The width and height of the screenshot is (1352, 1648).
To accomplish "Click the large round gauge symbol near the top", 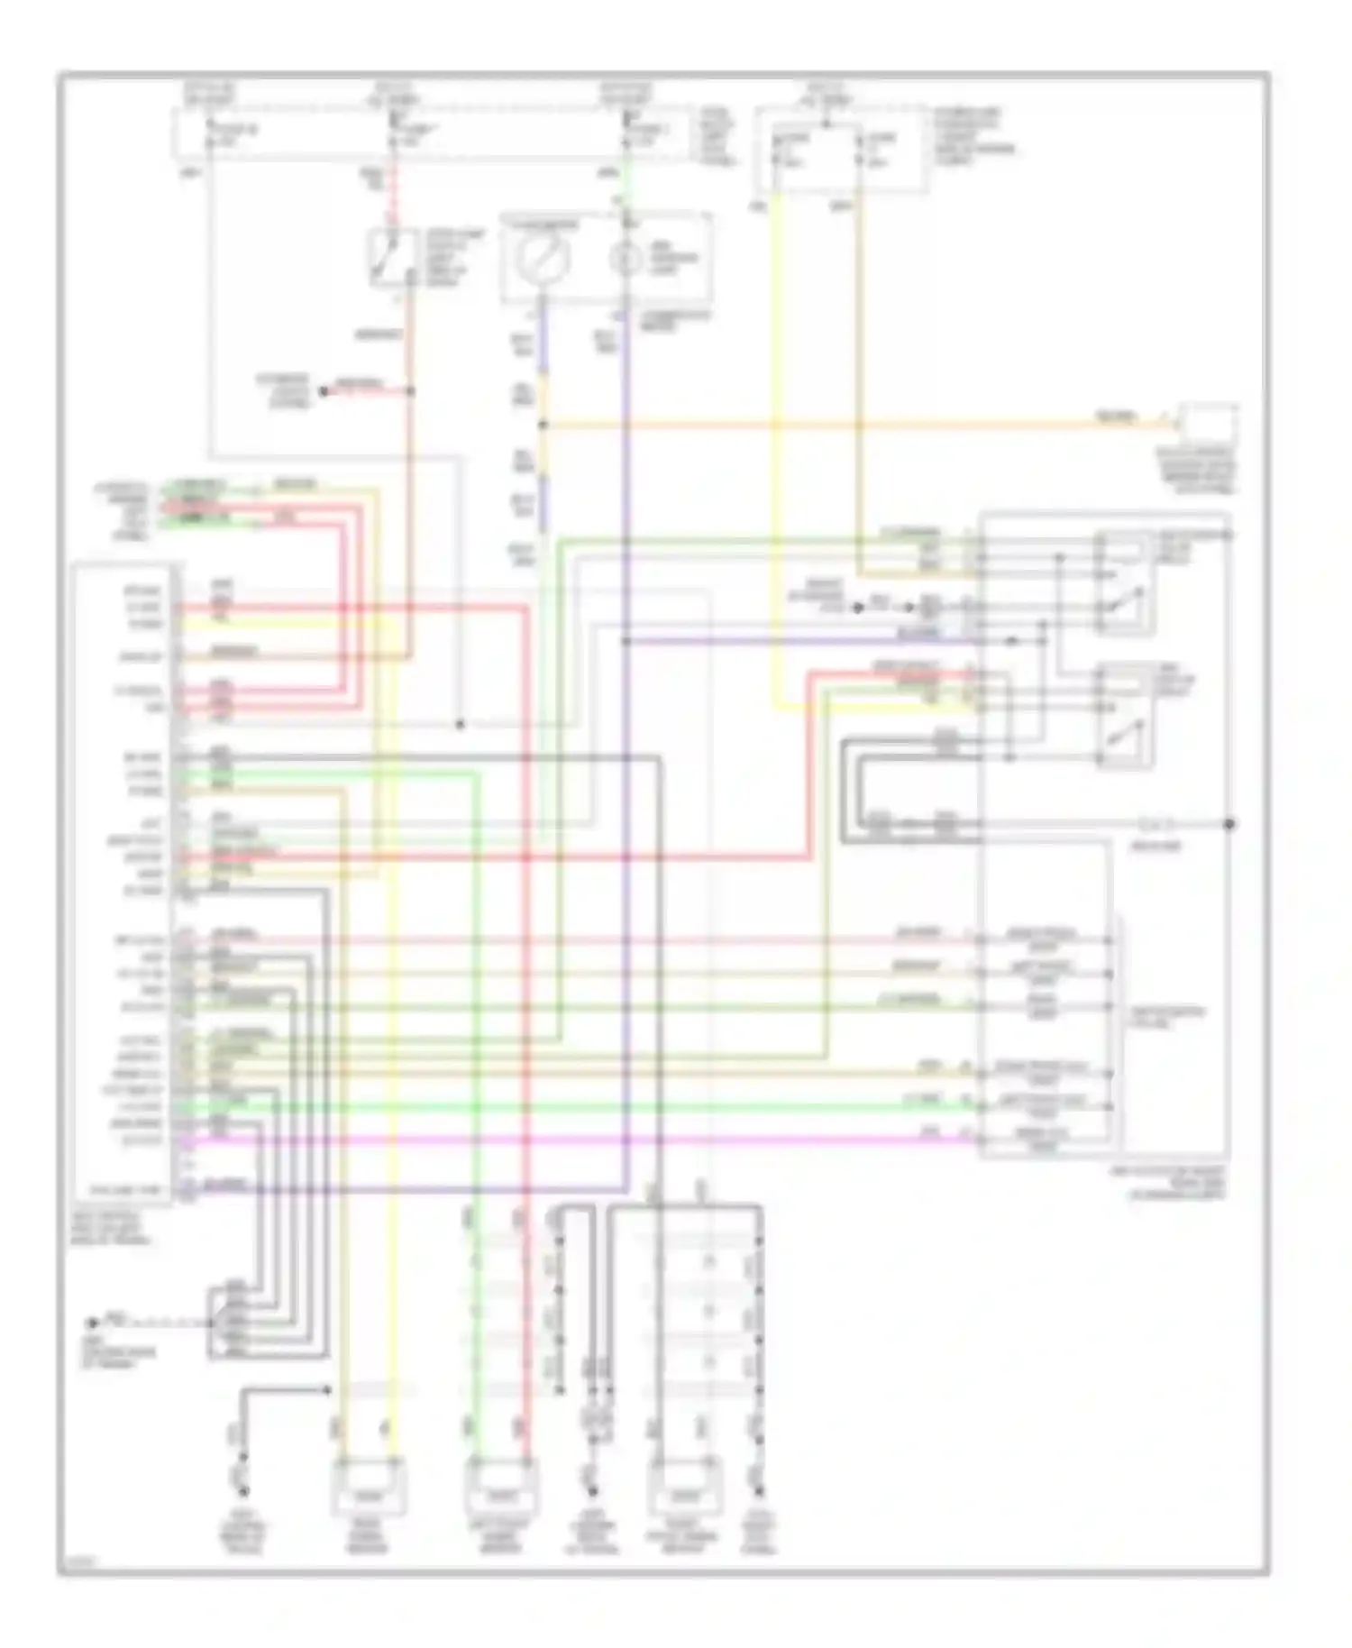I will coord(543,259).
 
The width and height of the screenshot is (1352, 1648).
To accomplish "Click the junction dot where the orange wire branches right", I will coord(543,425).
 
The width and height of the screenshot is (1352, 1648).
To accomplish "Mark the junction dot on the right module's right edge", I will coord(1229,824).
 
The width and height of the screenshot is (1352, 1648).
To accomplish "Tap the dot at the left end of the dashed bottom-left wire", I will coord(91,1323).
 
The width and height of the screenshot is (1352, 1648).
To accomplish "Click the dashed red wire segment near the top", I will coord(393,203).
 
